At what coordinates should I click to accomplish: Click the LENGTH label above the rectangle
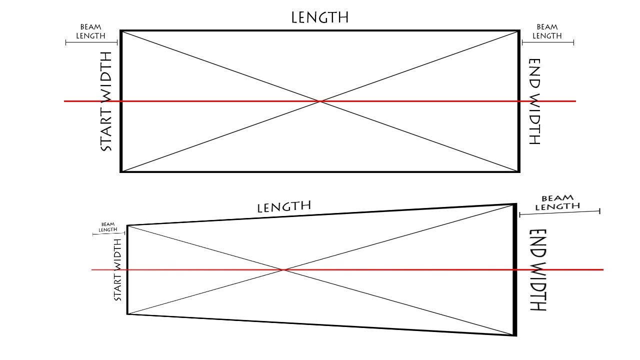320,17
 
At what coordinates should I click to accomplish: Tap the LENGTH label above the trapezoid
284,206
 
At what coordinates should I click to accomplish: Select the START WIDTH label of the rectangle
106,101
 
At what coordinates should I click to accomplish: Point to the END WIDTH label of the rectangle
534,101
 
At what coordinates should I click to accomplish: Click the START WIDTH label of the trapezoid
117,270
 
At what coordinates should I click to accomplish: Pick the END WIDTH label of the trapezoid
538,269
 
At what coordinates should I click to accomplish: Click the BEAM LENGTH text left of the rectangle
90,31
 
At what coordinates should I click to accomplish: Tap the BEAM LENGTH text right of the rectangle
547,31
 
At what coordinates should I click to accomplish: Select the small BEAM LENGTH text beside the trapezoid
108,227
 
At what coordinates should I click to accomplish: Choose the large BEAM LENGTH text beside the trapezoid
557,202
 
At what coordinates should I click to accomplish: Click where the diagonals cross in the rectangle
320,101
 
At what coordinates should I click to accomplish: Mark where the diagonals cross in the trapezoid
283,269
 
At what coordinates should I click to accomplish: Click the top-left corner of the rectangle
121,30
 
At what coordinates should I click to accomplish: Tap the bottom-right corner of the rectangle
519,171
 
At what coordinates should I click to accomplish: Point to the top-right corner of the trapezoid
515,203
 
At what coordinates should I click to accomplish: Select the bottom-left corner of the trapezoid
127,314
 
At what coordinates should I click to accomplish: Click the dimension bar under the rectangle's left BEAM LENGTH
91,43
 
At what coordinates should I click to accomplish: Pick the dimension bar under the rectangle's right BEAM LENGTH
548,43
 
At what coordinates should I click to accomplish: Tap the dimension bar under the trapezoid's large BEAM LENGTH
559,213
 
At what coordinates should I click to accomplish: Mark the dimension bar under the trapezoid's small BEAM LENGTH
109,233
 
